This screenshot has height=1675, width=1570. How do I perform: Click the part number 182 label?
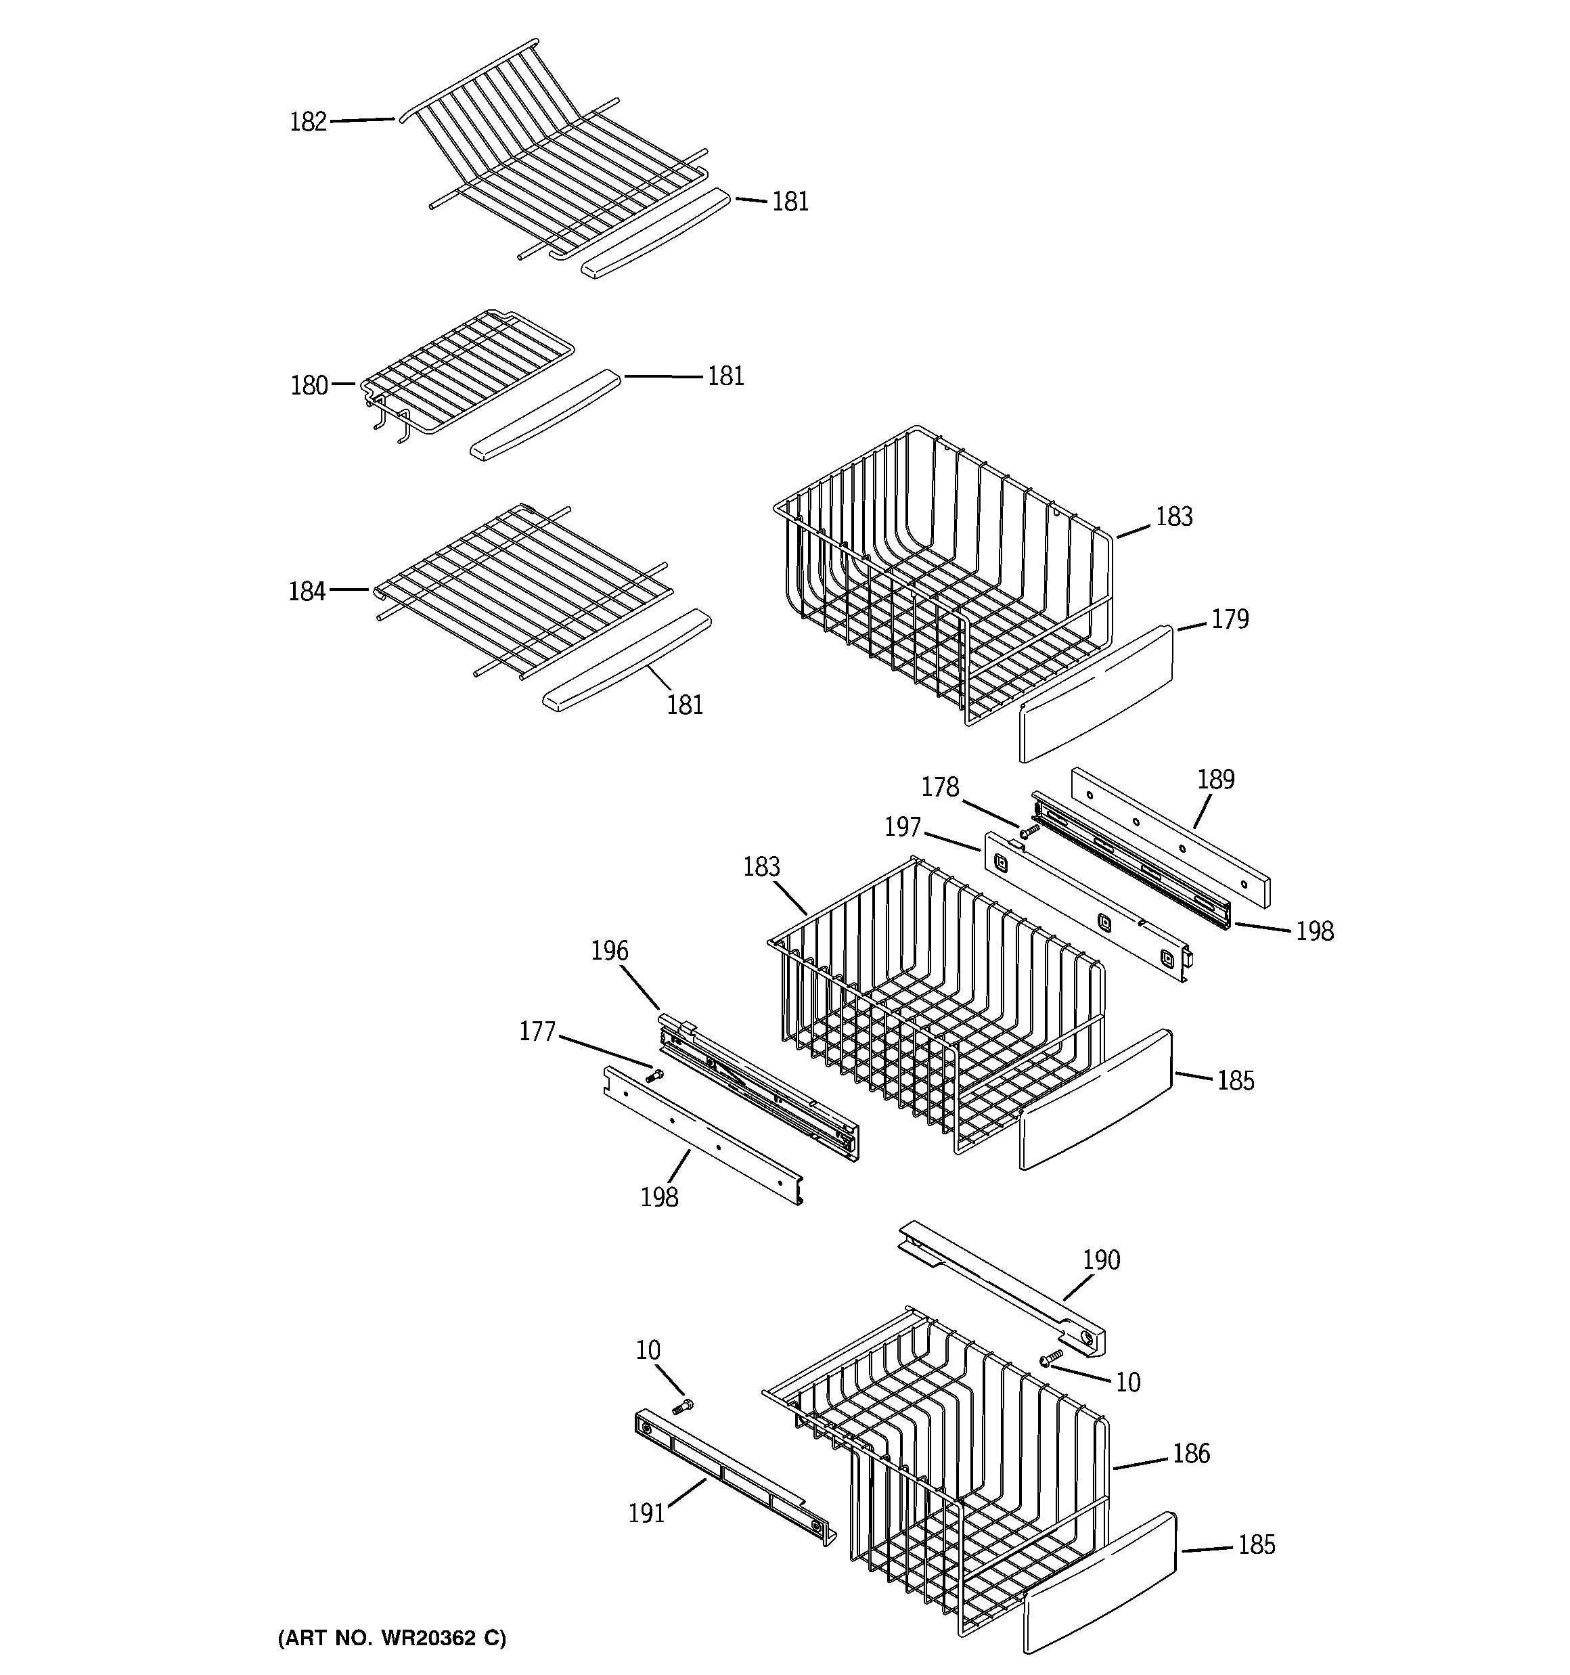tap(308, 122)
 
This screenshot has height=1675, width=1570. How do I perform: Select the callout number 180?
tap(309, 386)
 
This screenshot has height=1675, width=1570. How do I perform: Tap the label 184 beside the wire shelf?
tap(307, 591)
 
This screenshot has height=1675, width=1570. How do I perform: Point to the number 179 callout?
tap(1230, 619)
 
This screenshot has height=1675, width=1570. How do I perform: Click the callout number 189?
tap(1216, 780)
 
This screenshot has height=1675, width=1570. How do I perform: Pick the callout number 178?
tap(940, 787)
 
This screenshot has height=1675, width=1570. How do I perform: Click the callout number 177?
tap(537, 1031)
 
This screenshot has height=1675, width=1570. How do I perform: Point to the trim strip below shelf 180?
tap(545, 414)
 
